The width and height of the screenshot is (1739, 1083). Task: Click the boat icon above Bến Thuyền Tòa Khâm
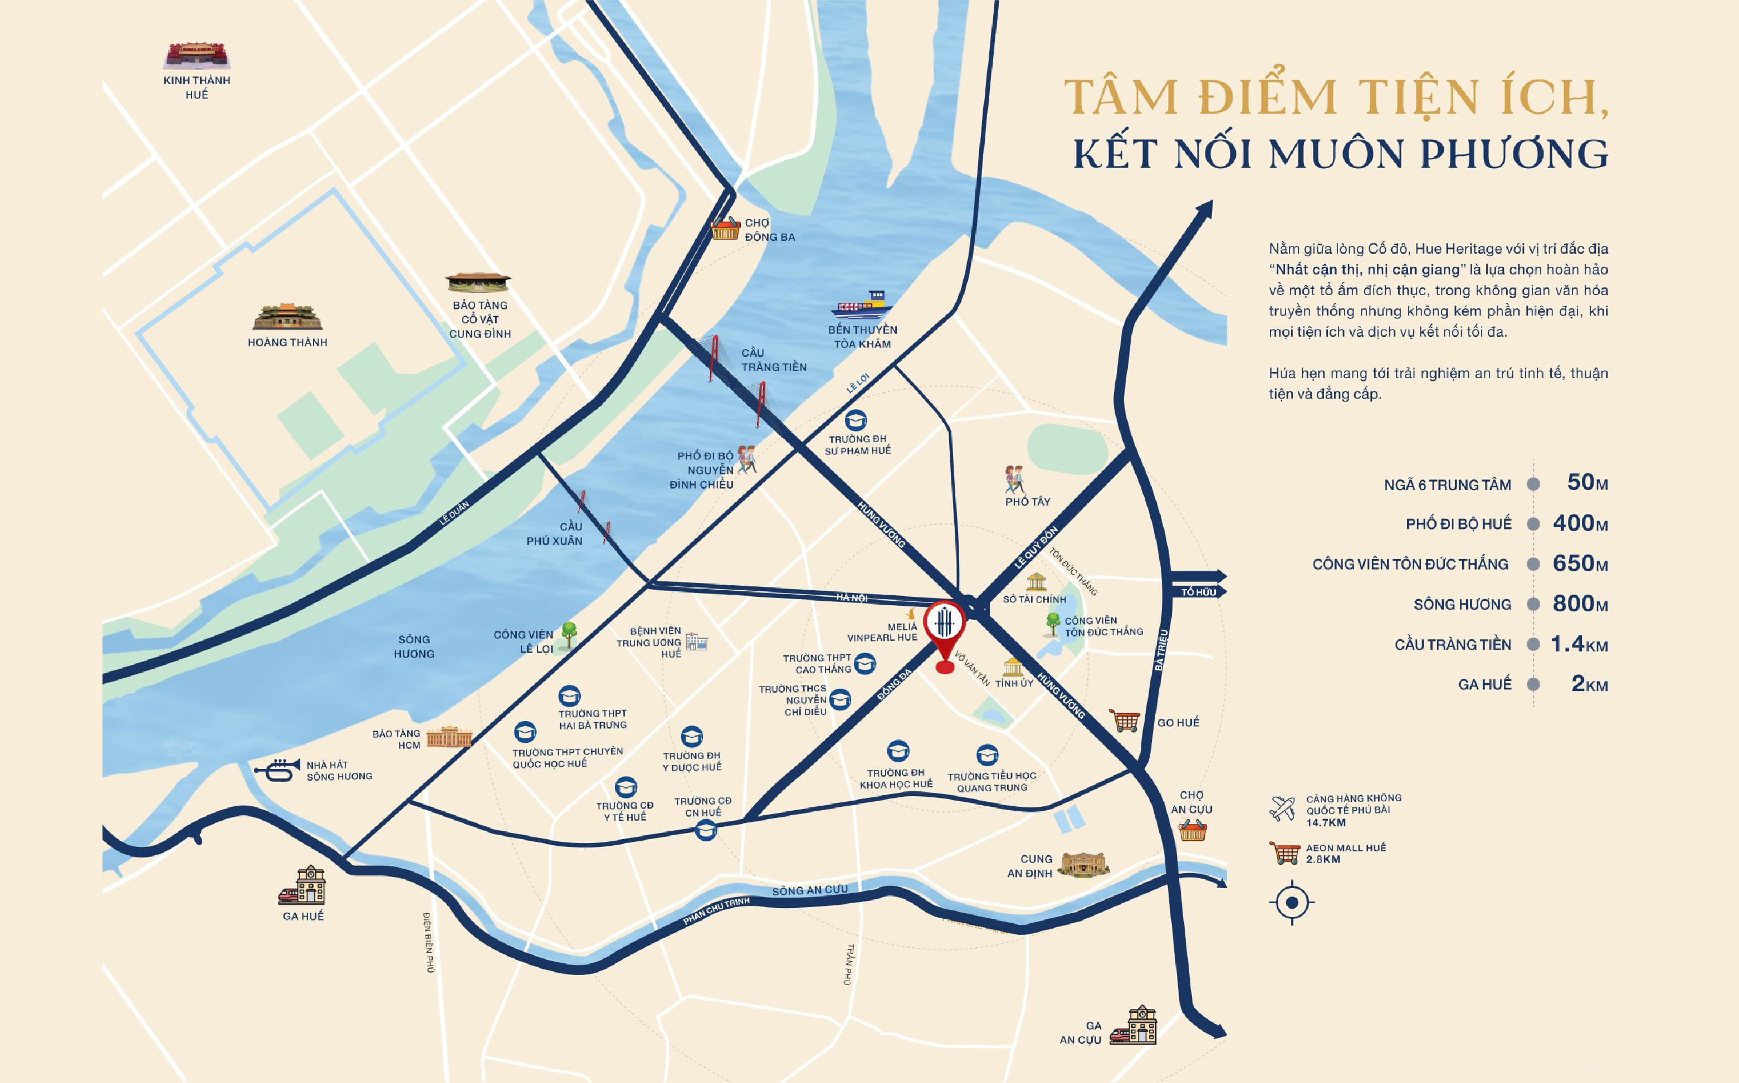click(x=862, y=305)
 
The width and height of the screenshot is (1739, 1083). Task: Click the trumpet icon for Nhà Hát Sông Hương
click(x=277, y=770)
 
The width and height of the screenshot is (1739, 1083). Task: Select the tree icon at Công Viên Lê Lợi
click(x=569, y=634)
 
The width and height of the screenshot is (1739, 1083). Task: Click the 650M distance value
click(x=1580, y=563)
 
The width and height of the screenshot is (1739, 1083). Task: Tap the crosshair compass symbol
click(x=1291, y=903)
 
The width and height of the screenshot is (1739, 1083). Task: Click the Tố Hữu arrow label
click(x=1199, y=592)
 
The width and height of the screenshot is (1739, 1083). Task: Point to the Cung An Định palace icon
click(x=1084, y=865)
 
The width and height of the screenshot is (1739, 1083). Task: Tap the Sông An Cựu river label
click(x=810, y=890)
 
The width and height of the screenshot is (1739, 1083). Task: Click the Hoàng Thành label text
click(x=287, y=342)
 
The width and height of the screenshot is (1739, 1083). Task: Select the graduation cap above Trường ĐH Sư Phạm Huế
click(x=856, y=420)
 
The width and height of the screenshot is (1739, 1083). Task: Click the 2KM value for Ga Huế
click(x=1589, y=684)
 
